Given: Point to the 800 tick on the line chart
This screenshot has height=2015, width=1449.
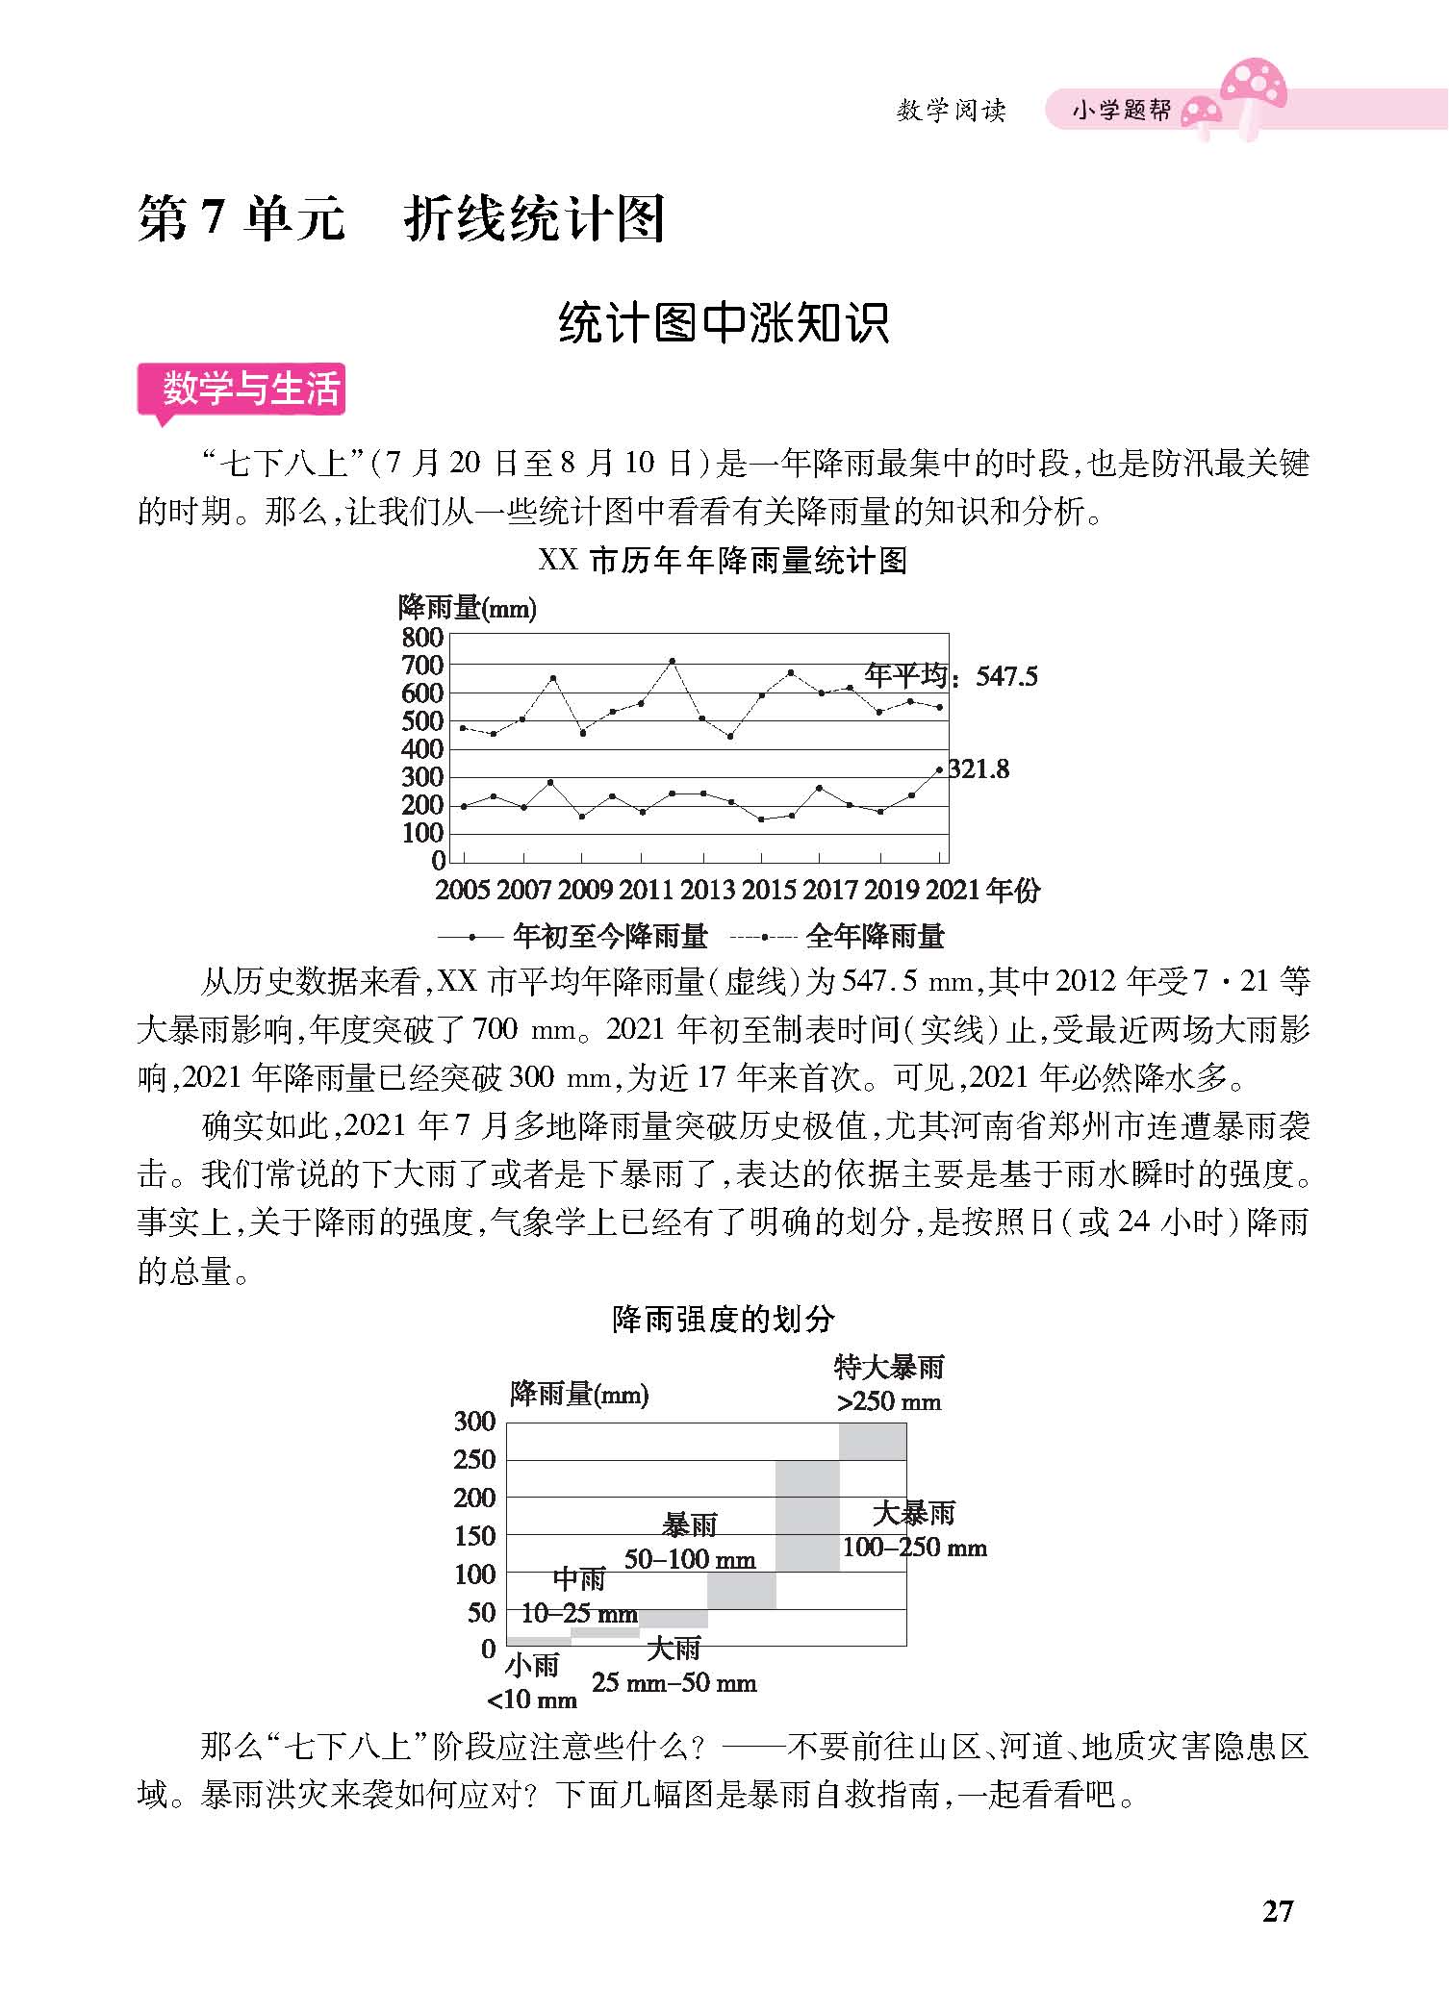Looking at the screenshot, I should tap(422, 637).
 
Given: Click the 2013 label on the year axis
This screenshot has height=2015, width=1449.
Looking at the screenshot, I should tap(707, 889).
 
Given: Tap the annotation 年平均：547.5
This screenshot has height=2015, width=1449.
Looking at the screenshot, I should tap(951, 675).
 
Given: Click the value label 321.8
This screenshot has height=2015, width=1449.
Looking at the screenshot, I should tap(979, 768).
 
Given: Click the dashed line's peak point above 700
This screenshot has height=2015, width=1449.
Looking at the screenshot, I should tap(672, 661).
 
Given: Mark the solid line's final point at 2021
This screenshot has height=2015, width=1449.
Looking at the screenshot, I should tap(939, 769).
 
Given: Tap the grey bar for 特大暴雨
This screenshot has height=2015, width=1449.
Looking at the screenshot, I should tap(873, 1441).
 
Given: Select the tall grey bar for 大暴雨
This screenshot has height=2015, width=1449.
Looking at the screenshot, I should tap(807, 1516).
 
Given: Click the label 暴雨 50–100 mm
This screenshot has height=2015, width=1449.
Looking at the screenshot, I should tap(690, 1541).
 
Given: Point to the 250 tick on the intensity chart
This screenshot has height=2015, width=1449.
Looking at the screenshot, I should tap(474, 1459).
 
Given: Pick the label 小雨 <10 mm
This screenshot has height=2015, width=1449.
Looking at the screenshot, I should tap(532, 1681).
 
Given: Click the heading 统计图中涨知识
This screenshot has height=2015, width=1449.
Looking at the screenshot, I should tap(724, 323).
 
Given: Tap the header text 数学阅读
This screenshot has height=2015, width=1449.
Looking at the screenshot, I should tap(951, 111).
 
